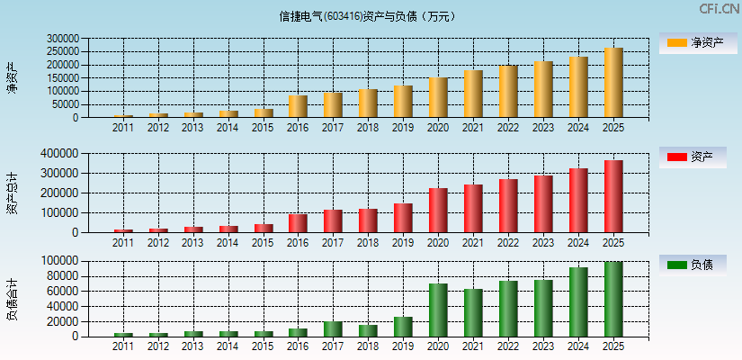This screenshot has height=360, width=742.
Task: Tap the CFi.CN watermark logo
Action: [x=719, y=9]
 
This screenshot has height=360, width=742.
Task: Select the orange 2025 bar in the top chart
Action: [x=612, y=83]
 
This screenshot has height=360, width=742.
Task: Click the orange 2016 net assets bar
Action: [x=298, y=106]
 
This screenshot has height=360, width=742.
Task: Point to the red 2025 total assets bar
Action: [x=612, y=196]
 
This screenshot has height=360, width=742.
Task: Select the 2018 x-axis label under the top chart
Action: [x=368, y=128]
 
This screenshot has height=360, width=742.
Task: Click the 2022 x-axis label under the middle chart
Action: [x=508, y=243]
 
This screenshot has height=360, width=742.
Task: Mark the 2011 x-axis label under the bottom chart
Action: [x=123, y=346]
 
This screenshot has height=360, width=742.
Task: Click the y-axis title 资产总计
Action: [x=13, y=193]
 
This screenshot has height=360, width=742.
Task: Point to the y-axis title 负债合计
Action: [x=13, y=299]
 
